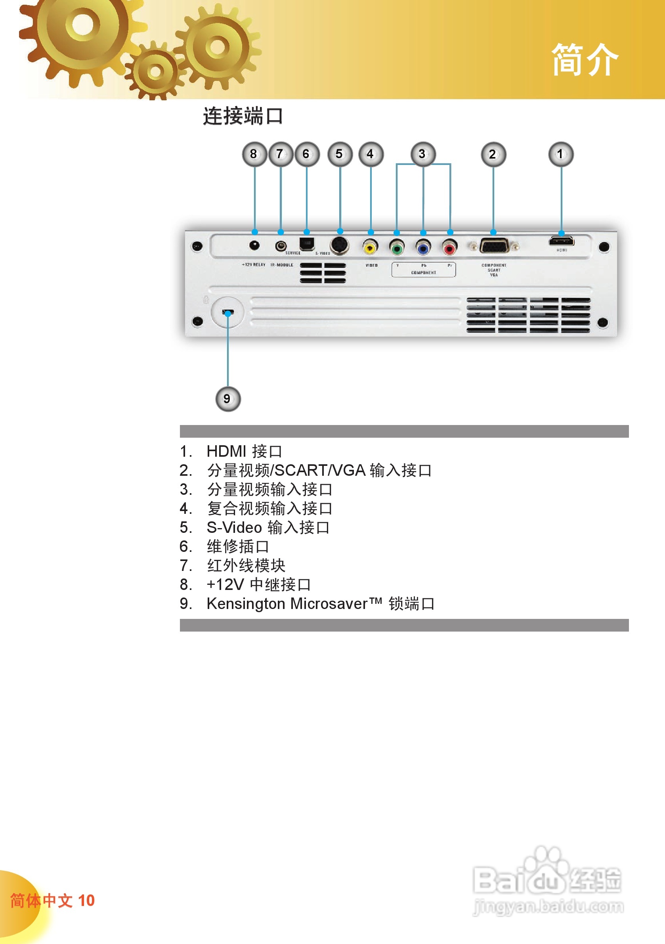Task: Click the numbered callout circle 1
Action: tap(561, 154)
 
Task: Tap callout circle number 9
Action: tap(228, 398)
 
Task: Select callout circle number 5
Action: tap(340, 154)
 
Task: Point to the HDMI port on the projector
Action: tap(562, 241)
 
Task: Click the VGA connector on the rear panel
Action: tap(494, 246)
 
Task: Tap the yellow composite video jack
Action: tap(370, 247)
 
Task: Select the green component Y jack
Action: tap(397, 247)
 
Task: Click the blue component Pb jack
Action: tap(423, 247)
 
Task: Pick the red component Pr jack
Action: tap(450, 247)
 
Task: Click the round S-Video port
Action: tap(340, 245)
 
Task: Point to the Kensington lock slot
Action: tap(228, 312)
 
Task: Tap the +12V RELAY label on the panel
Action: tap(254, 265)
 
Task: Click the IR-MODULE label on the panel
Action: tap(282, 265)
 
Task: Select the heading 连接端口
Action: tap(243, 116)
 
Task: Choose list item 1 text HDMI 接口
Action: tap(244, 451)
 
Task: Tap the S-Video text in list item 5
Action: tap(234, 527)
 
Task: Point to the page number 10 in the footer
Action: tap(86, 900)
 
